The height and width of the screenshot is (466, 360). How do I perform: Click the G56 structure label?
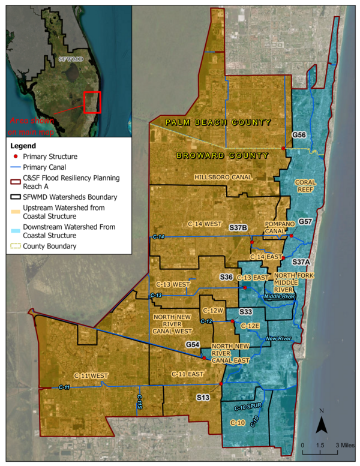[x=299, y=135]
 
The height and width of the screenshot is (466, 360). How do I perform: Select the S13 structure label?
[x=203, y=397]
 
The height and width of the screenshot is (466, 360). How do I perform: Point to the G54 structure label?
[x=193, y=345]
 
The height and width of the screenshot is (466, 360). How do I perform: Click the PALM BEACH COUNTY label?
[x=219, y=122]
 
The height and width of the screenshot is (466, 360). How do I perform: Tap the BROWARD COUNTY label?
[x=221, y=156]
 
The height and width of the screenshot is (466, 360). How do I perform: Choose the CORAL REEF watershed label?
[x=305, y=185]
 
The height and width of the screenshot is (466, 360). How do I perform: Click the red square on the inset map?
[x=92, y=102]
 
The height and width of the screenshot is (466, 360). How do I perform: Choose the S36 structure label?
[x=226, y=277]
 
